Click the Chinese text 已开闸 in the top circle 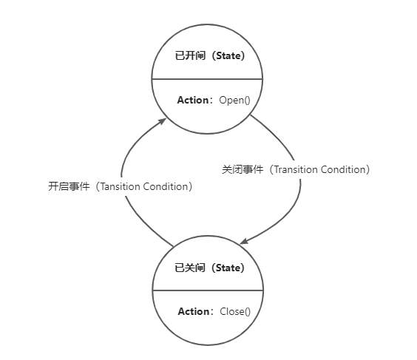coord(191,56)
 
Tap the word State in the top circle coord(228,56)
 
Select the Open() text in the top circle coord(235,101)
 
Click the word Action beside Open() coord(193,100)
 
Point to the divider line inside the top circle coord(207,79)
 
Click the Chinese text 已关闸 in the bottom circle coord(190,268)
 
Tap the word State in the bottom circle coord(228,268)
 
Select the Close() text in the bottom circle coord(235,312)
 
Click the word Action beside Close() coord(194,311)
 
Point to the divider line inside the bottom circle coord(208,291)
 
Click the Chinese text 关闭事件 coord(243,169)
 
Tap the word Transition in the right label coord(296,169)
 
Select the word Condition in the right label coord(343,169)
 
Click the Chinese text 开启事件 coord(69,186)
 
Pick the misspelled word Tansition coord(120,186)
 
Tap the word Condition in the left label coord(165,186)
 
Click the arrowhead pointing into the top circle coord(163,121)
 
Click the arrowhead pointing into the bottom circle coord(244,241)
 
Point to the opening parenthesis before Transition coord(271,169)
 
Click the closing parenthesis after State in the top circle coord(243,56)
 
